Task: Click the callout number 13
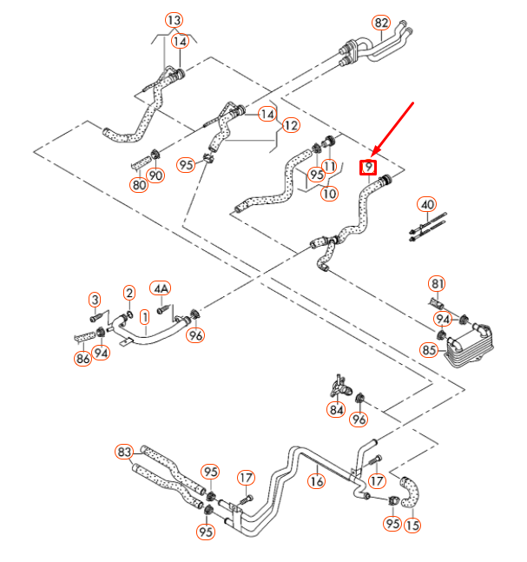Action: (x=174, y=19)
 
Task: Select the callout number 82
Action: (x=382, y=22)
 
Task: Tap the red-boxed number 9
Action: (x=369, y=166)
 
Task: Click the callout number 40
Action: (x=426, y=205)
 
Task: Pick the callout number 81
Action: (x=438, y=284)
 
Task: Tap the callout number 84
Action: (x=336, y=409)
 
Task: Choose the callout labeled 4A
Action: (x=161, y=288)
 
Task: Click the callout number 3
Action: (x=96, y=300)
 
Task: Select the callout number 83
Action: (x=124, y=452)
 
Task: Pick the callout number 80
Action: (x=139, y=184)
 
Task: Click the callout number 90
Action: (x=156, y=175)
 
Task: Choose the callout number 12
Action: (x=290, y=125)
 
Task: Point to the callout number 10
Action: (x=329, y=194)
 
